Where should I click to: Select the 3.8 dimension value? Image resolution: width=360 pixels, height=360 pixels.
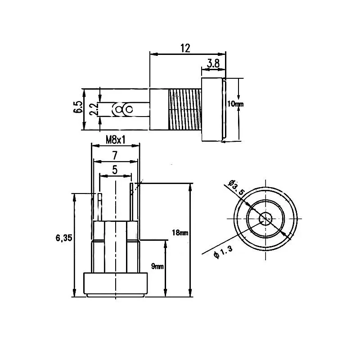[x=213, y=64]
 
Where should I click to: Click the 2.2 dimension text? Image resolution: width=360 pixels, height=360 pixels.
[x=93, y=109]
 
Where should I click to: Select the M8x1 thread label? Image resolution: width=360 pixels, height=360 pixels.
[x=116, y=140]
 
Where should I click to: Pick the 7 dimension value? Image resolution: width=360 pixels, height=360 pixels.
[x=115, y=156]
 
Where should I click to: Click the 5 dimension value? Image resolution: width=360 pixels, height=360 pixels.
[x=115, y=171]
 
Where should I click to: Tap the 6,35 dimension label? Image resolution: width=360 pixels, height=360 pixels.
[x=64, y=238]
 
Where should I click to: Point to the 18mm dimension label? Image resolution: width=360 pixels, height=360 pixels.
[x=180, y=233]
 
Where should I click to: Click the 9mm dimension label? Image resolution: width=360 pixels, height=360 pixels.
[x=157, y=266]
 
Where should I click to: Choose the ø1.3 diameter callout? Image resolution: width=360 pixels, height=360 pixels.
[x=224, y=253]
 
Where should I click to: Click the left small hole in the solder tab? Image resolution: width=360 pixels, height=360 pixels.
[x=119, y=109]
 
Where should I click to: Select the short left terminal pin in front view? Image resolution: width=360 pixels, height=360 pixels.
[x=99, y=207]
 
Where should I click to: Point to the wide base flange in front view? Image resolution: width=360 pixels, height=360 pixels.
[x=116, y=283]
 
